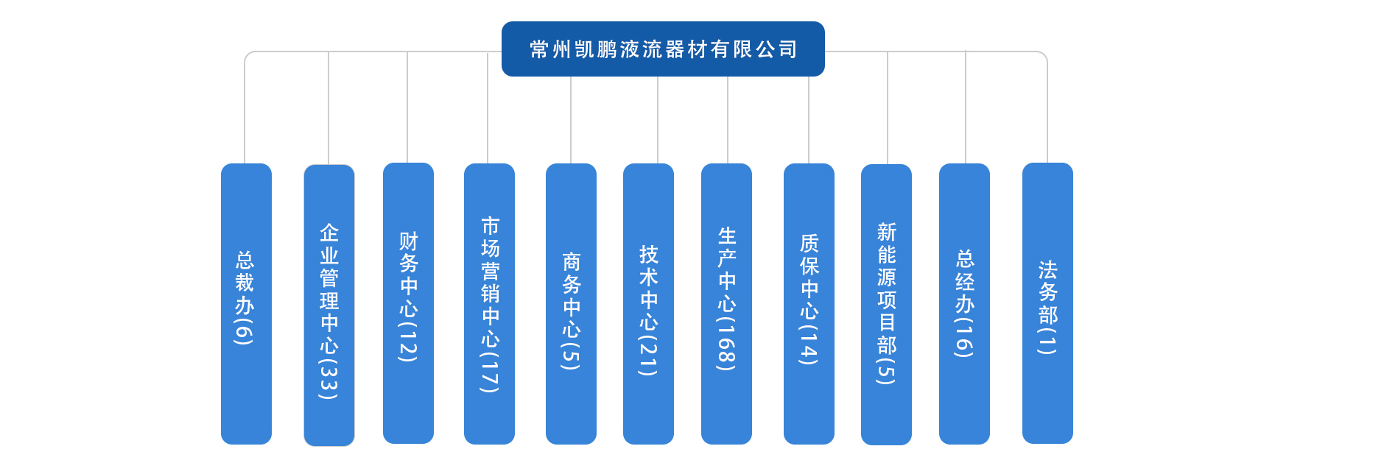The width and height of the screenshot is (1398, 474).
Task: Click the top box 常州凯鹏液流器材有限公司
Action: coord(663,49)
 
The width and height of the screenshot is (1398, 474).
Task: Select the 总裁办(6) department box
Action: coord(246,303)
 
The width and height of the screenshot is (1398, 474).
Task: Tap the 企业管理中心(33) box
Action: coord(329,305)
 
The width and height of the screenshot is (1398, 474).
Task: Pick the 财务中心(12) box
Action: coord(408,303)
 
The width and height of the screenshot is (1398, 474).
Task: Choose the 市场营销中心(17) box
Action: coord(489,304)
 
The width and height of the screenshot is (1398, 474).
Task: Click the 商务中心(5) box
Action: coord(571,304)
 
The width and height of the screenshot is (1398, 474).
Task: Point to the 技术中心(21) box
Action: coord(648,304)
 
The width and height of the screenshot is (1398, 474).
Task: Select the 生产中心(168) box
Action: coord(726,304)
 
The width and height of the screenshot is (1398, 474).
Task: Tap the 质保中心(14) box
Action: coord(809,304)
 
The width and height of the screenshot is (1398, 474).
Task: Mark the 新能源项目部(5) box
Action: coord(886,305)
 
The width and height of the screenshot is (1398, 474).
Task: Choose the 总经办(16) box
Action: coord(964,304)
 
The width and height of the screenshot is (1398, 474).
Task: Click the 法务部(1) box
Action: coord(1047,303)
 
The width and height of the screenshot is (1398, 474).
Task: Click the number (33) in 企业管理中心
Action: coord(329,377)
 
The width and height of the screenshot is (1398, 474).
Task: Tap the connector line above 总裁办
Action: coord(245,107)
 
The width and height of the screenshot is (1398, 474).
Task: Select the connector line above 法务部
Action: coord(1047,107)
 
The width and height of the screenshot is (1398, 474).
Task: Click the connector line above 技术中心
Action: coord(658,120)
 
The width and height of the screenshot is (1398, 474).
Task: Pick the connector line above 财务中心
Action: coord(407,107)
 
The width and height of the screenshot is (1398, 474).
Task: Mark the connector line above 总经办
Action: coord(966,107)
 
